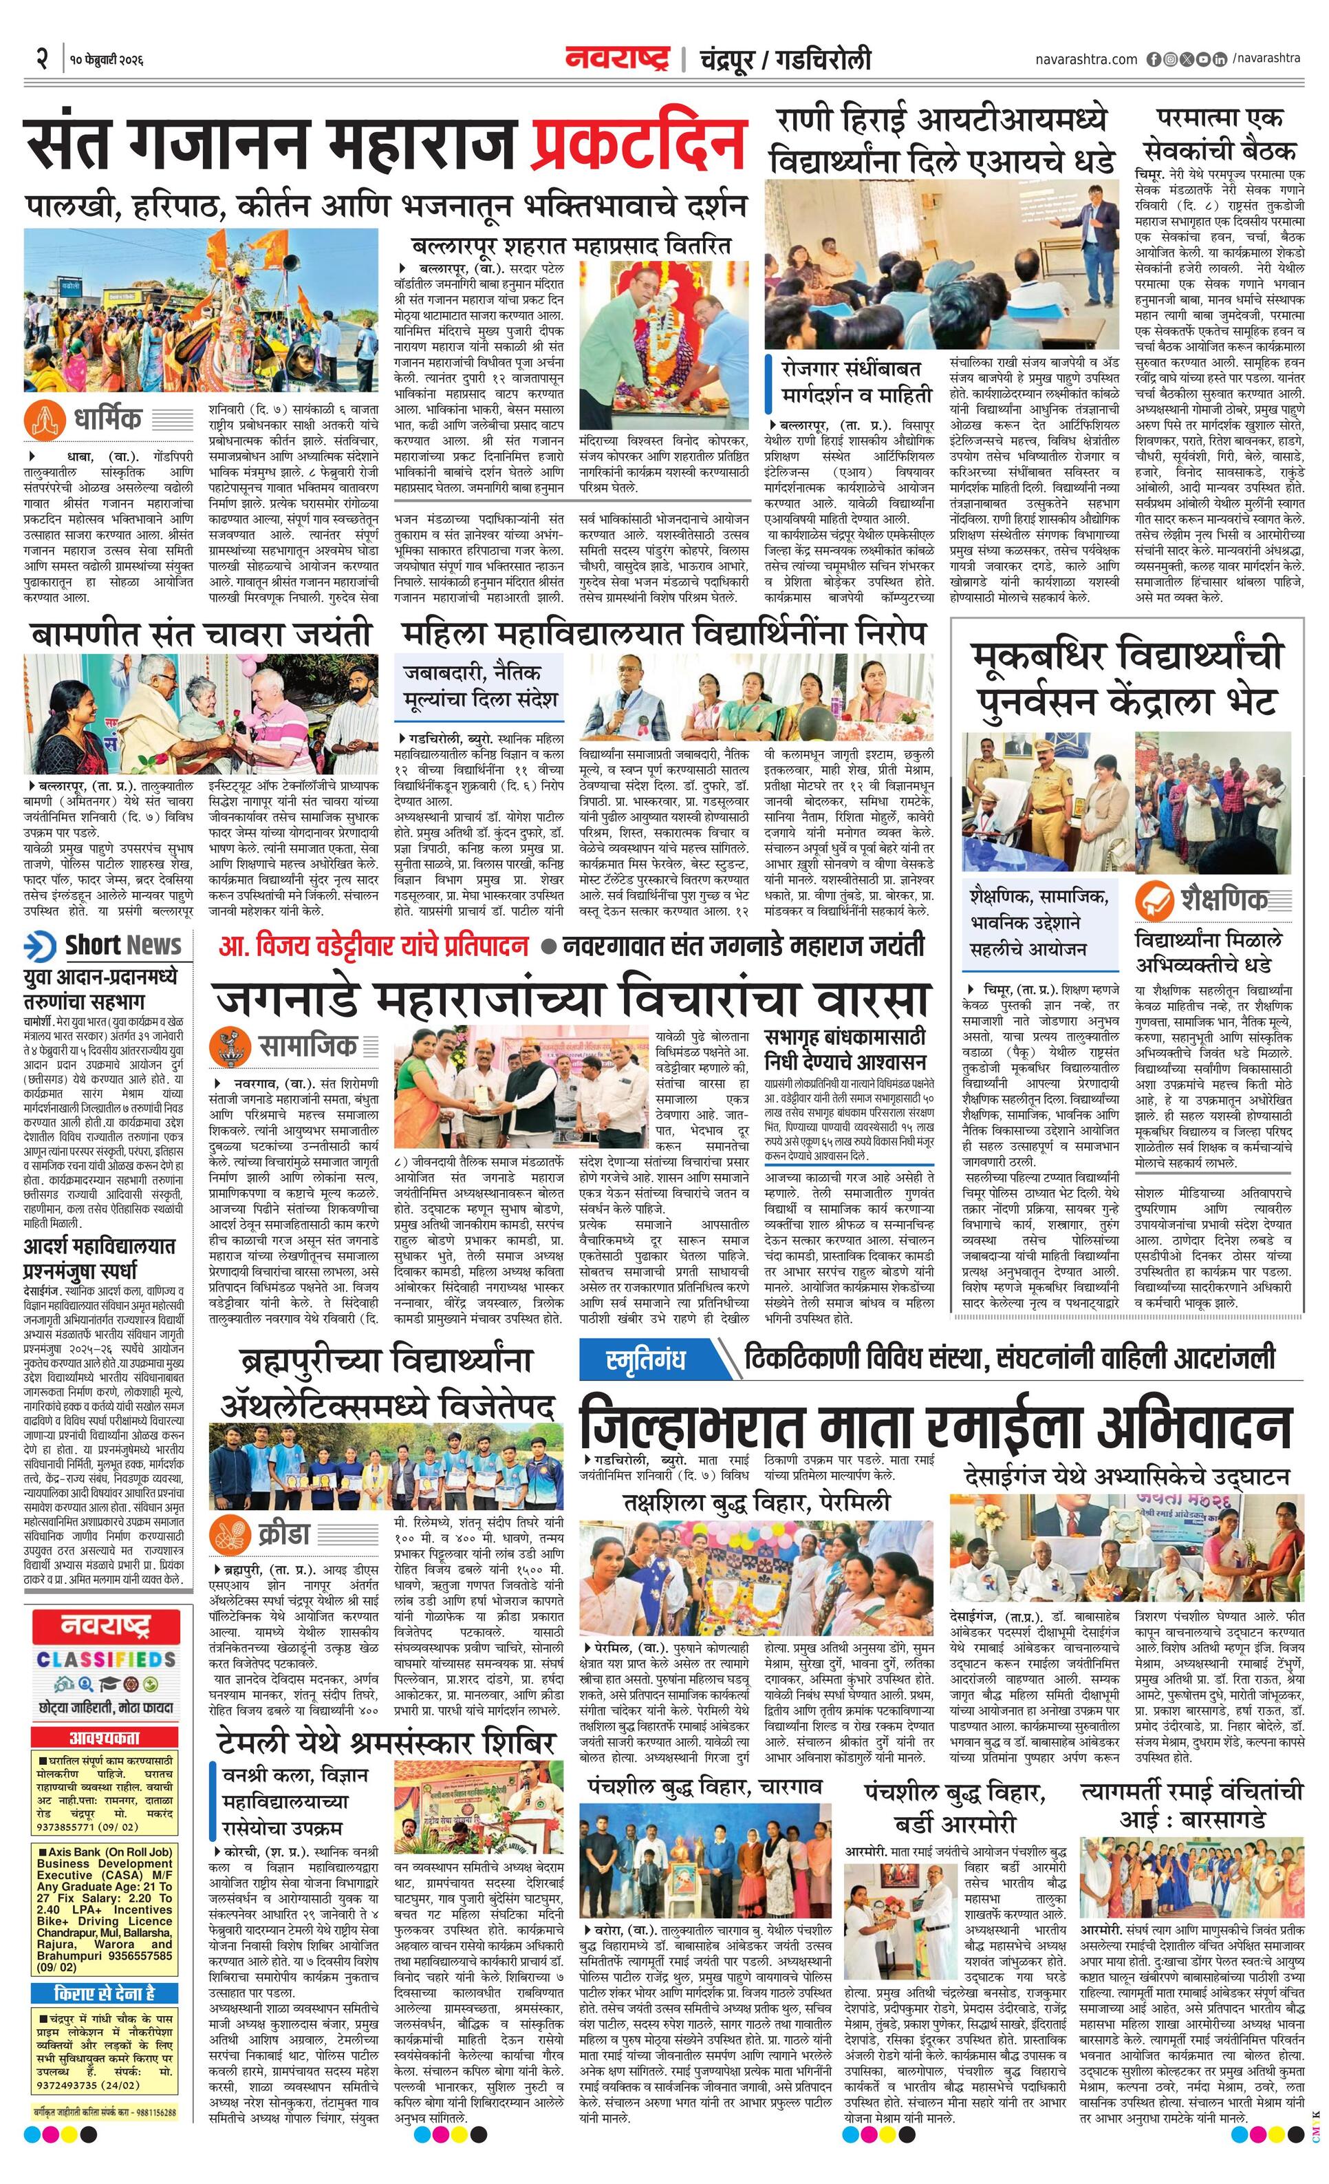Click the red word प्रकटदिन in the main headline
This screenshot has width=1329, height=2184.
(x=638, y=142)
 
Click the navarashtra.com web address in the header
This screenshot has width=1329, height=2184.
(x=1085, y=59)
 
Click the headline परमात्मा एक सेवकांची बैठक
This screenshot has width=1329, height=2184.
(x=1218, y=133)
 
